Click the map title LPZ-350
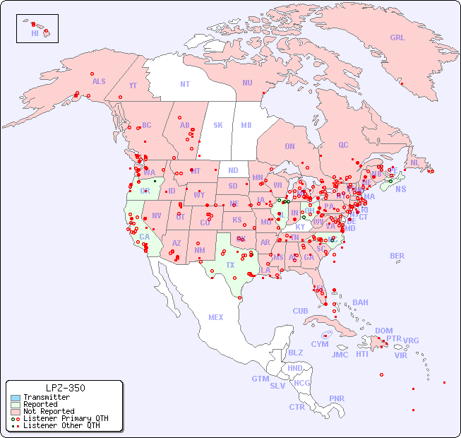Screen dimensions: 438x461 click(x=65, y=388)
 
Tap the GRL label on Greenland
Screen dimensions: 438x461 click(x=397, y=38)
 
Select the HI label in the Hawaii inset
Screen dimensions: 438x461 click(x=35, y=33)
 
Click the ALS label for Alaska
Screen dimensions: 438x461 click(x=99, y=81)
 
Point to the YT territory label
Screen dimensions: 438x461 click(x=133, y=85)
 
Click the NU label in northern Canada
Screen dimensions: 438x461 click(x=247, y=83)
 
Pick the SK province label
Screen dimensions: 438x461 click(x=218, y=125)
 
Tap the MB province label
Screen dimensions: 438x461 click(x=246, y=125)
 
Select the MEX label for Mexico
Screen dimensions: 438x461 click(x=216, y=317)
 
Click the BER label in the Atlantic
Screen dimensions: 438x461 click(x=397, y=256)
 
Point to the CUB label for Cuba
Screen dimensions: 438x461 click(x=300, y=311)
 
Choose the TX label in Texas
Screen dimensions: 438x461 click(x=230, y=265)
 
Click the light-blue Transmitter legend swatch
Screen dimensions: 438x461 click(x=15, y=398)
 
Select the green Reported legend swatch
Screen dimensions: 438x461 click(x=15, y=405)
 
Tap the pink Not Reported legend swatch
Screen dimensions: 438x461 click(x=15, y=411)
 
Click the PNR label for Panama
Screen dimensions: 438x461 click(x=337, y=398)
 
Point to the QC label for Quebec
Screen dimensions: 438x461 click(x=343, y=145)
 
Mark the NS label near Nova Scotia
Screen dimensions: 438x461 click(x=400, y=189)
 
